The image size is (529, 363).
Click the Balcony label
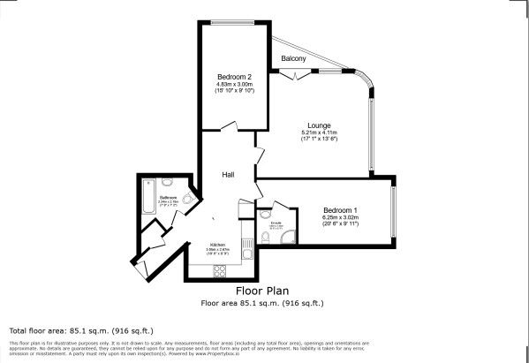[x=294, y=58]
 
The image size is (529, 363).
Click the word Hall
[x=227, y=175]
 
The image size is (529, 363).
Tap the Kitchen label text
[x=217, y=245]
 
